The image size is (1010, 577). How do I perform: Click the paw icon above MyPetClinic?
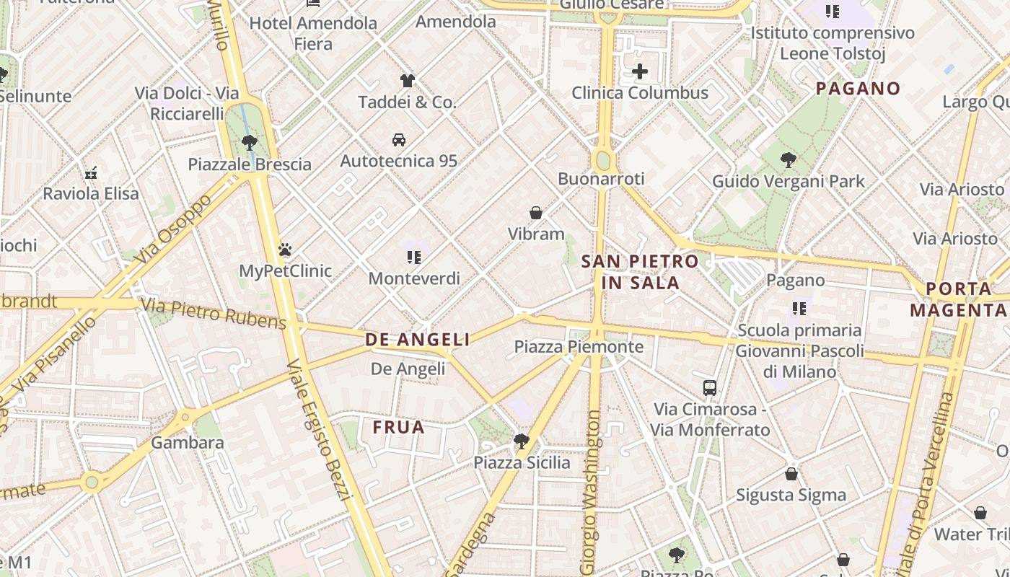click(x=285, y=250)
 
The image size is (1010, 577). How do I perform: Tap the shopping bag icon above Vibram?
click(x=536, y=213)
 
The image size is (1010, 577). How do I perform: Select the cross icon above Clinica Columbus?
click(x=640, y=71)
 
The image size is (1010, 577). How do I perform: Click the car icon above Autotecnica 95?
click(x=399, y=139)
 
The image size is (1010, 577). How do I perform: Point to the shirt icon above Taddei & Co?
click(x=408, y=80)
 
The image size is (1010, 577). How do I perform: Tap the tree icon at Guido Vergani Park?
click(x=788, y=160)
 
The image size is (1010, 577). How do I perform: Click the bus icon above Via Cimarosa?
click(x=710, y=387)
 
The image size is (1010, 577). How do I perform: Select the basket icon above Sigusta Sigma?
click(x=791, y=474)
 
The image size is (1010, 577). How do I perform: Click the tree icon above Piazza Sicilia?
click(x=522, y=441)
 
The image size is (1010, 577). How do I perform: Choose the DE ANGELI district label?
click(x=418, y=340)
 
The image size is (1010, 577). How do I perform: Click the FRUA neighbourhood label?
click(x=398, y=428)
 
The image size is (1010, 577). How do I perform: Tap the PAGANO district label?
click(x=858, y=89)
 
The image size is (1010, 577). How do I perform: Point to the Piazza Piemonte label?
click(x=579, y=347)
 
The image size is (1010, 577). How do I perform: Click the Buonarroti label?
click(x=601, y=179)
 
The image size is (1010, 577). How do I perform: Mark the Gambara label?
click(x=188, y=442)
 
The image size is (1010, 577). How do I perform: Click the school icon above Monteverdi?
click(x=414, y=257)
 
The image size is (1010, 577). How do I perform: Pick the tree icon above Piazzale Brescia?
click(x=250, y=142)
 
